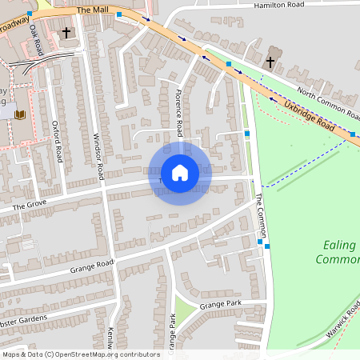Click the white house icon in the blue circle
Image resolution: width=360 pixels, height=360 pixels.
[x=180, y=173]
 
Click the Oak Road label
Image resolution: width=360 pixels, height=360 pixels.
[x=34, y=36]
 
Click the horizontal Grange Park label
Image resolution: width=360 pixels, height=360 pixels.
[x=220, y=305]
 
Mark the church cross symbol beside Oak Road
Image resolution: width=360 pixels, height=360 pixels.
[x=66, y=34]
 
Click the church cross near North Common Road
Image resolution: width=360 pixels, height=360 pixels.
[x=270, y=62]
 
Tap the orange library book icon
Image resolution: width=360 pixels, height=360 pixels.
[x=20, y=115]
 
